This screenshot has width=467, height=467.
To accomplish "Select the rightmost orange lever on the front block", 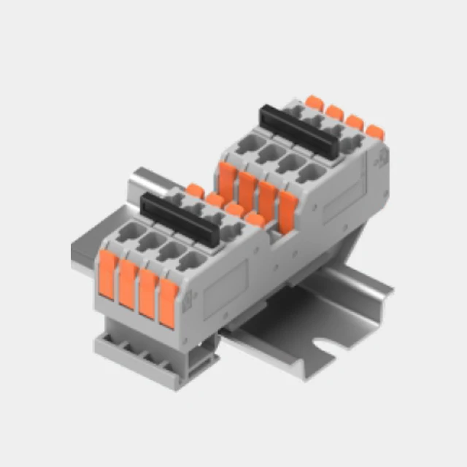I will [168, 302].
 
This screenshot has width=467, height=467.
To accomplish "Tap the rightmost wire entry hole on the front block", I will [192, 261].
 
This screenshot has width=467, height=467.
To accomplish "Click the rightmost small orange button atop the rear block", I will [374, 132].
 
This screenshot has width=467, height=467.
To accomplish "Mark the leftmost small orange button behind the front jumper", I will [194, 190].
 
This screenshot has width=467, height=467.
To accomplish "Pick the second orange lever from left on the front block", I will [128, 284].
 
